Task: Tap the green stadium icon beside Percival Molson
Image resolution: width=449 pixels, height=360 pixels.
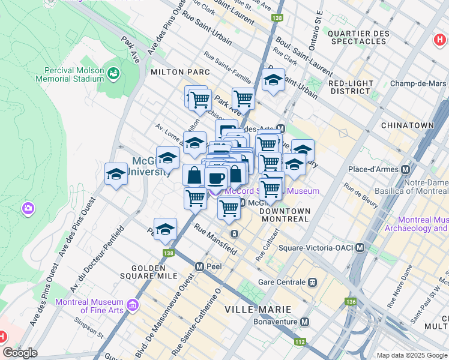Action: coord(113,73)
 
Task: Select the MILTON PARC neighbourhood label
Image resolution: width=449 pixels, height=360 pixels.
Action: coord(180,72)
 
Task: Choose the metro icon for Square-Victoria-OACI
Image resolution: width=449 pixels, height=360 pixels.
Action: coord(360,247)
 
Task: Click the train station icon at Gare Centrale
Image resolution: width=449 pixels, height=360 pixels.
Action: coord(313,281)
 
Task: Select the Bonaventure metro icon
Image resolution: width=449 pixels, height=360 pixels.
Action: coord(305,322)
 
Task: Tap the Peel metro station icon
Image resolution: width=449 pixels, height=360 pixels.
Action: coord(199,265)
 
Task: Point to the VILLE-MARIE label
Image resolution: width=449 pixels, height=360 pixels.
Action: coord(258,310)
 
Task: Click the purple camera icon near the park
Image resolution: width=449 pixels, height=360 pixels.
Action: coord(28,209)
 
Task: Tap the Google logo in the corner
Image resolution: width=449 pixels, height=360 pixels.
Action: coord(20,353)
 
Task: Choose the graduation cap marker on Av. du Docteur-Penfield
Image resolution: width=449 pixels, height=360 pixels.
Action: coord(165,229)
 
